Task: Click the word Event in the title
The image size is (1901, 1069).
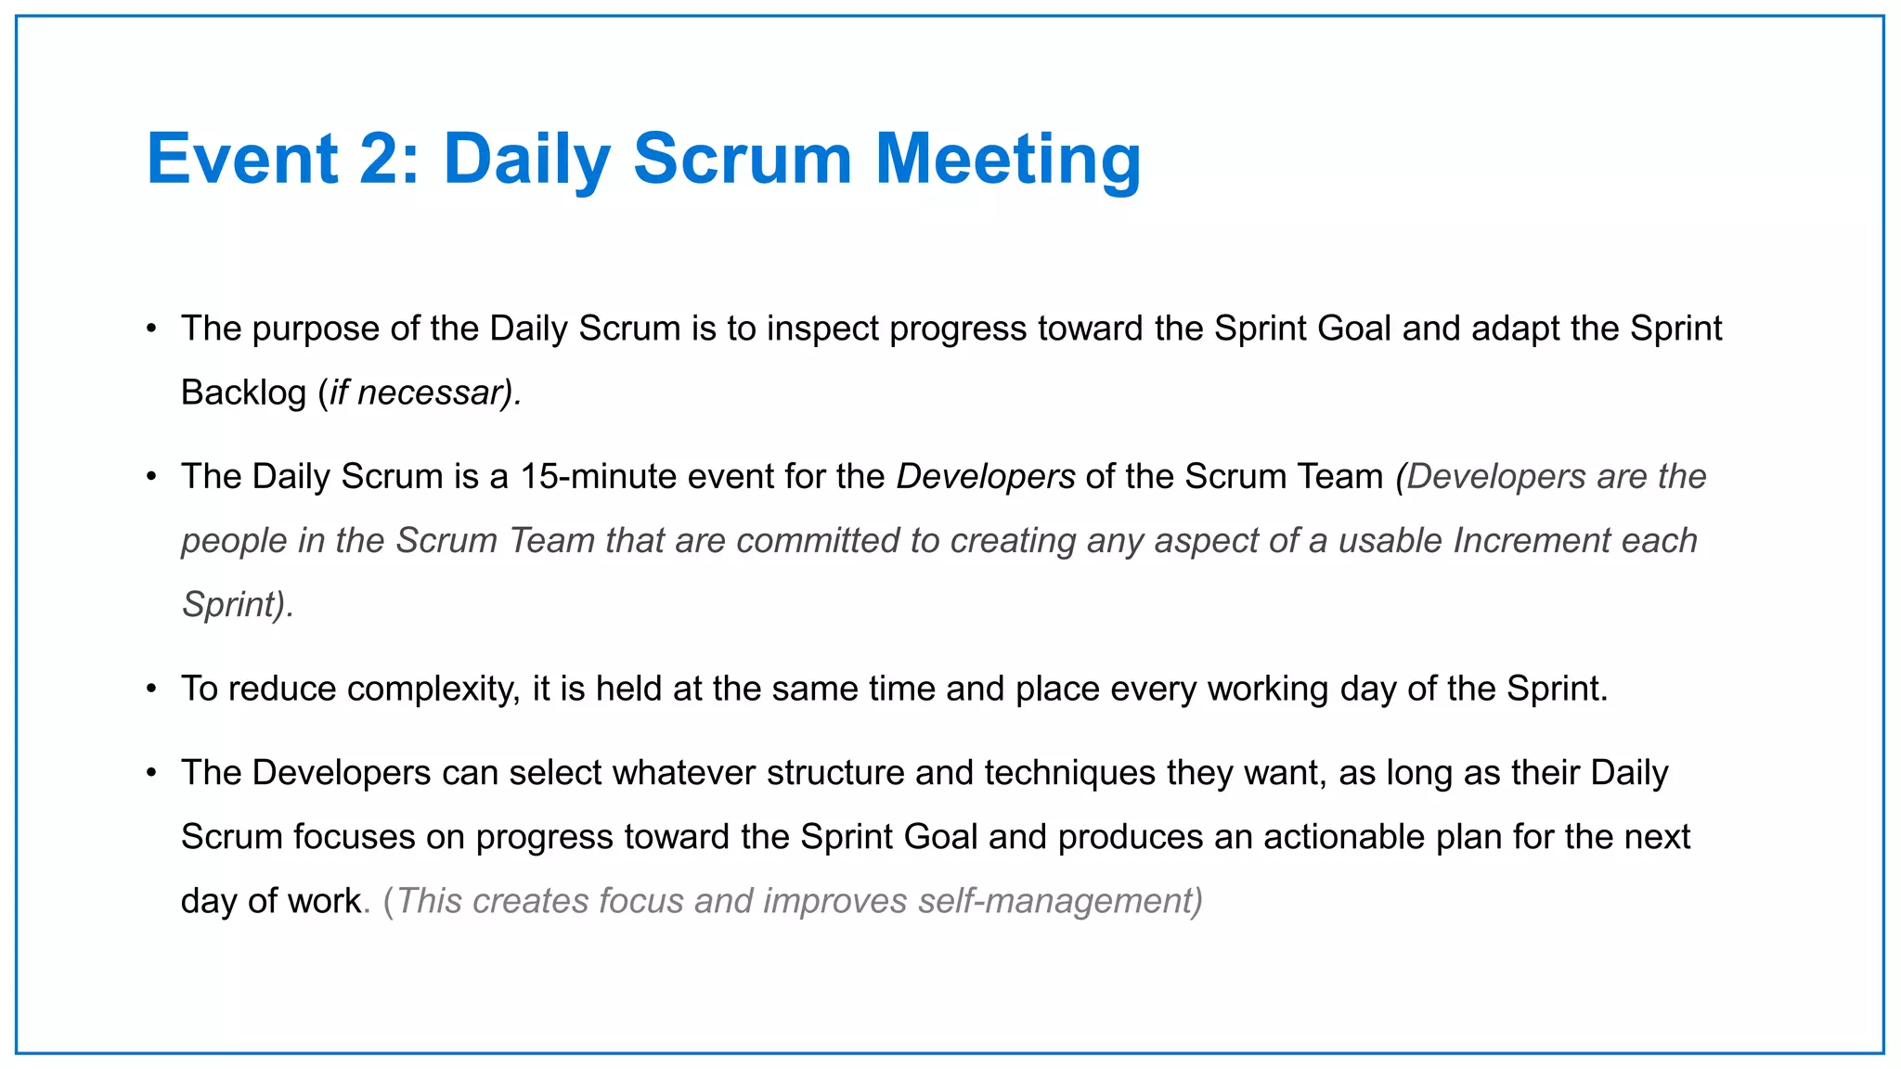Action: (x=242, y=159)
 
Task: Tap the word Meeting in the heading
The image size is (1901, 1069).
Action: (x=1008, y=159)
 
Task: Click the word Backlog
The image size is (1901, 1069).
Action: (x=243, y=393)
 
